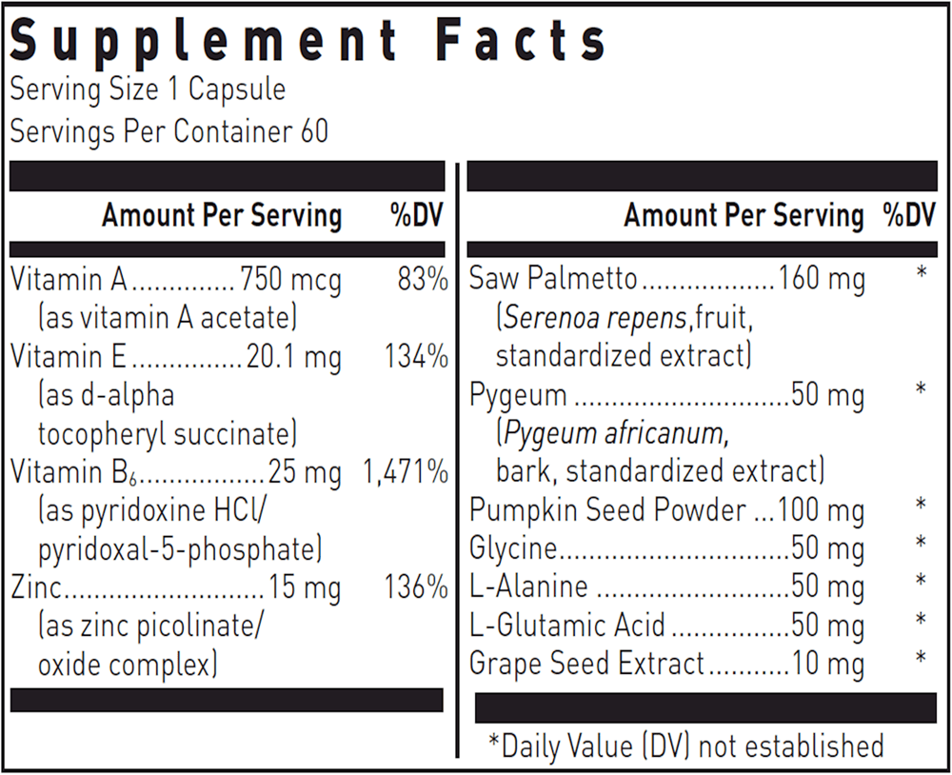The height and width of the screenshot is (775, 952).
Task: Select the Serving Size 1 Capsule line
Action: pos(148,89)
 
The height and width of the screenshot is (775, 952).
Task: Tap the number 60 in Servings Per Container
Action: pos(314,130)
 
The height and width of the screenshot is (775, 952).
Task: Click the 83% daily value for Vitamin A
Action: pos(423,280)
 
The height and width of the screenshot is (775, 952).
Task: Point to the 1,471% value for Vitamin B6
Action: pos(406,471)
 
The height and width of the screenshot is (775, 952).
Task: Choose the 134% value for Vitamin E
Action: pos(417,357)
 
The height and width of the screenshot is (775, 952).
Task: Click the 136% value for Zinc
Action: pos(417,587)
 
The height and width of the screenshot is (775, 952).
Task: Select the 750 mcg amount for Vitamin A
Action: pos(290,280)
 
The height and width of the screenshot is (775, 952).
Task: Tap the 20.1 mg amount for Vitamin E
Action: pos(293,357)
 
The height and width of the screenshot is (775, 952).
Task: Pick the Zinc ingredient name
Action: pos(35,587)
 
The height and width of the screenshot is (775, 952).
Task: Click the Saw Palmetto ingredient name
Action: pos(553,280)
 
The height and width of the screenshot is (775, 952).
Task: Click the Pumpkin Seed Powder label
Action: pos(607,510)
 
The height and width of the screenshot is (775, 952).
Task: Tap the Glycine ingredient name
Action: pos(512,549)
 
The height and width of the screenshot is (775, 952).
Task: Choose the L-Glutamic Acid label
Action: pos(567,626)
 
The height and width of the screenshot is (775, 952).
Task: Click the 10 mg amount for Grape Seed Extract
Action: pos(828,664)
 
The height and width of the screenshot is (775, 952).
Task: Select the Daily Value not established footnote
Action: pos(686,745)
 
